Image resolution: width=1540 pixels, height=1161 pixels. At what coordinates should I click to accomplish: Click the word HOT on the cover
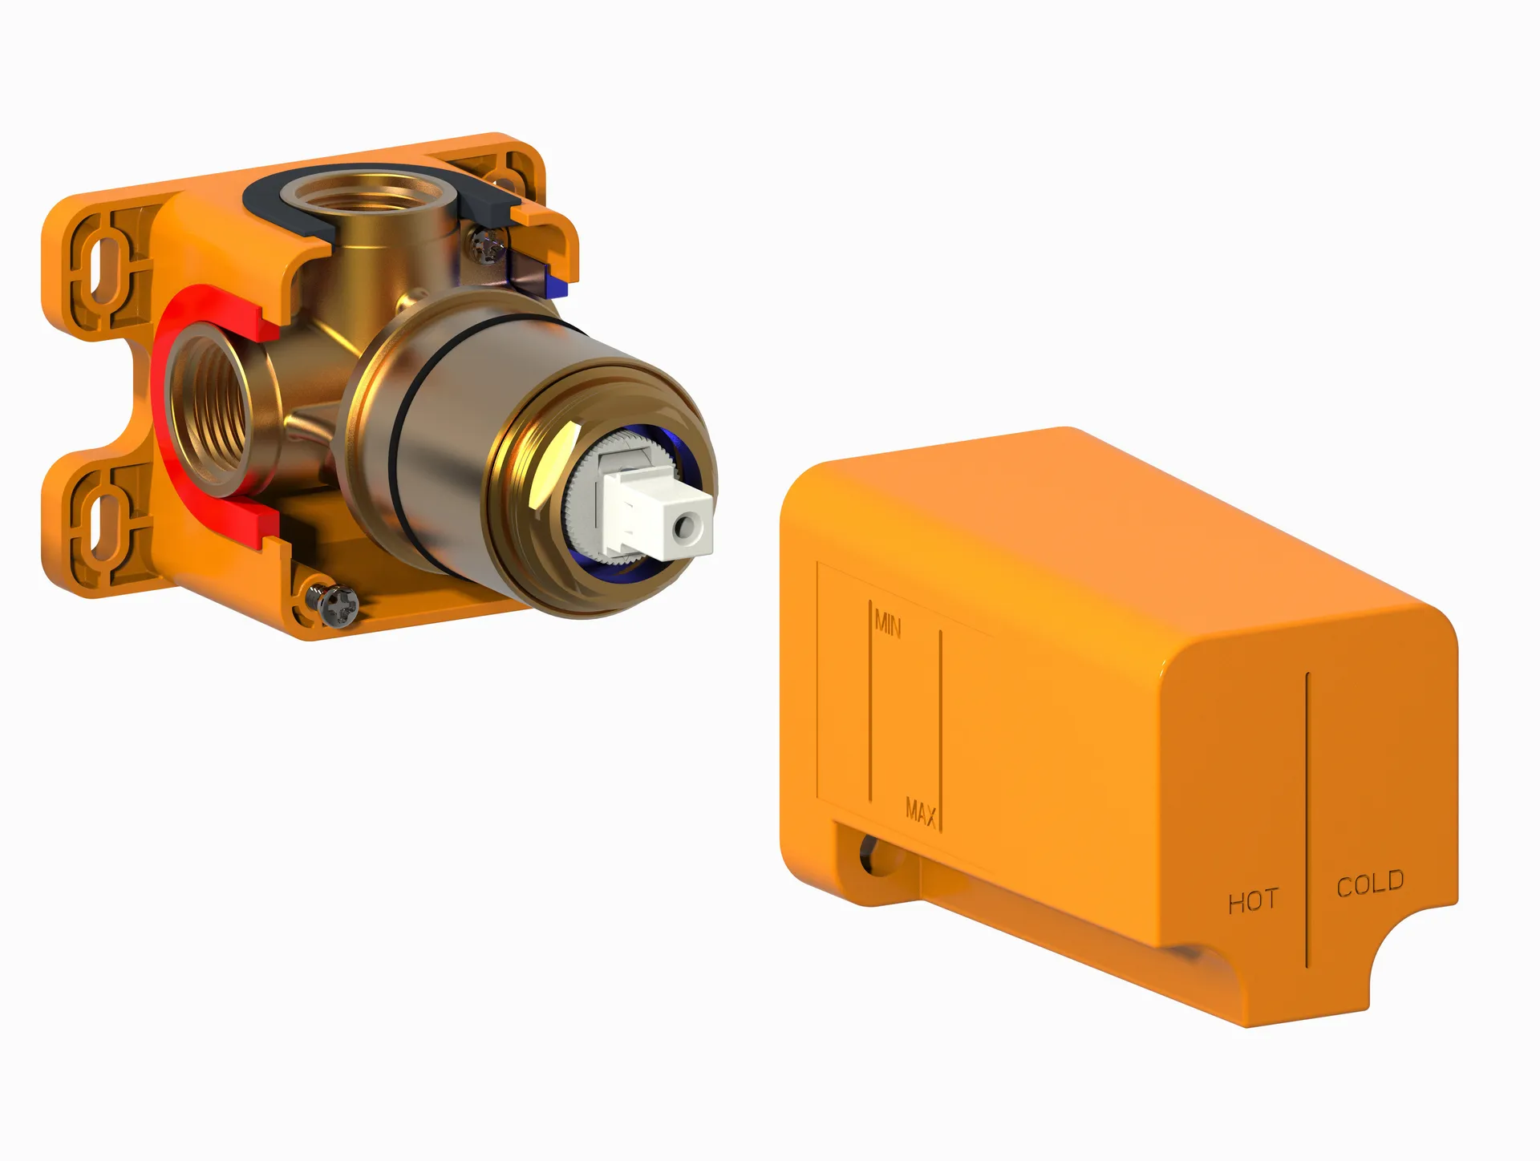(x=1252, y=901)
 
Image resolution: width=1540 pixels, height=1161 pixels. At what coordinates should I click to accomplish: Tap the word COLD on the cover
(x=1370, y=883)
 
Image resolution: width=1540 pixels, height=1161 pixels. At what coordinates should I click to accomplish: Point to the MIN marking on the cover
(x=888, y=623)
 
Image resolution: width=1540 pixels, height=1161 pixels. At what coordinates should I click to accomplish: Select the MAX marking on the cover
(x=921, y=812)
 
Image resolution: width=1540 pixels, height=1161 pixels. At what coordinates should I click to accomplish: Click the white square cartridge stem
(x=658, y=514)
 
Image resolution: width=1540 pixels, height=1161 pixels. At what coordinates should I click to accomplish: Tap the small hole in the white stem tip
(x=687, y=527)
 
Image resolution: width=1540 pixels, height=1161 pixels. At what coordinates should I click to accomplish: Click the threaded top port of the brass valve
(x=370, y=193)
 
